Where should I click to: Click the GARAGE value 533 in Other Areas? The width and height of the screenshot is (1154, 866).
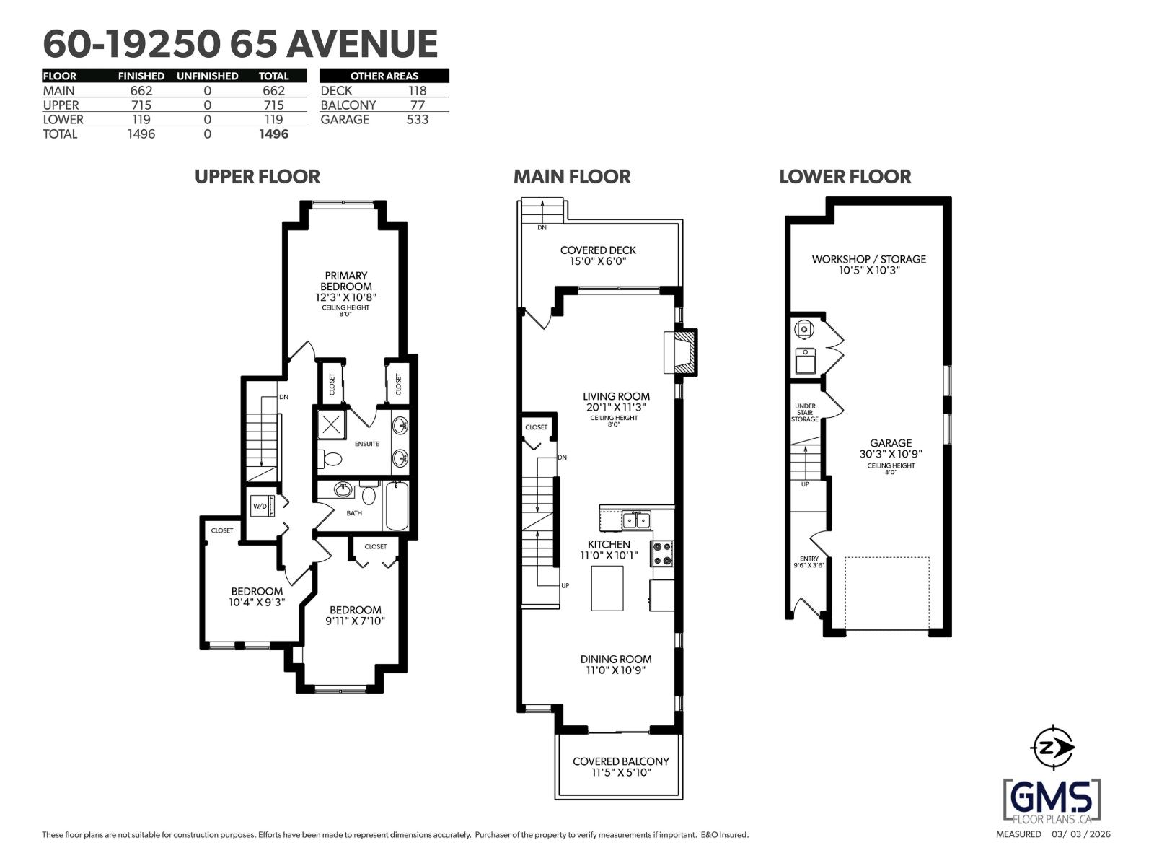click(417, 120)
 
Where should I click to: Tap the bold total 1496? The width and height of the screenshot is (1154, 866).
click(273, 134)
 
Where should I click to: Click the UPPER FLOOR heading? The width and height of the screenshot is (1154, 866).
click(257, 177)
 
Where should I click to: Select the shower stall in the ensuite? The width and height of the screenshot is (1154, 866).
click(331, 424)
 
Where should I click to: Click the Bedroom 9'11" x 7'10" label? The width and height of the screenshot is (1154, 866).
click(355, 615)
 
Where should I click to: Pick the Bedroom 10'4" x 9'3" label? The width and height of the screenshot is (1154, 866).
click(257, 596)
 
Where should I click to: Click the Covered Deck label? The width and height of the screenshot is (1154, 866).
click(598, 255)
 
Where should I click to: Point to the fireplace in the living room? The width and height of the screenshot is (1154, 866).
click(681, 352)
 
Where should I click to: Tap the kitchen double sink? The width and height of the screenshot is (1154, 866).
click(635, 520)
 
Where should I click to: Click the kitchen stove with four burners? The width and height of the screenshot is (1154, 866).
click(662, 554)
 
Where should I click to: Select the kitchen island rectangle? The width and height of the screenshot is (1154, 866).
click(607, 588)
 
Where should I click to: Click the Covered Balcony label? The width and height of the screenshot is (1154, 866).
click(620, 766)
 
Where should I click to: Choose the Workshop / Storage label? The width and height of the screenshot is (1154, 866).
click(868, 264)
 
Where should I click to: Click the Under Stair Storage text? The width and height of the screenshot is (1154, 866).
click(805, 413)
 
